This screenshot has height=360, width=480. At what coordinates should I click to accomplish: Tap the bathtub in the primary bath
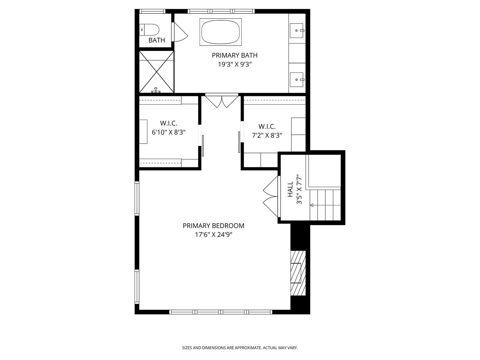(220, 32)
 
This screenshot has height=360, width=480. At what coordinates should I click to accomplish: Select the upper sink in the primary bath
(297, 30)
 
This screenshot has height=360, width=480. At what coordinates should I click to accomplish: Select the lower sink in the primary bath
(297, 80)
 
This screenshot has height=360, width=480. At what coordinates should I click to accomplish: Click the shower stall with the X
(156, 71)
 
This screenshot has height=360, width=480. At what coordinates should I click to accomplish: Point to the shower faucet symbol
(156, 90)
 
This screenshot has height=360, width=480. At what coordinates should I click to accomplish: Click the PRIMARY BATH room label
(234, 55)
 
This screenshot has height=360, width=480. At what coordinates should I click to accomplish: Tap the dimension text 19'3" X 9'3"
(234, 65)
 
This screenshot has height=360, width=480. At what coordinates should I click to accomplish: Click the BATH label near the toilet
(157, 40)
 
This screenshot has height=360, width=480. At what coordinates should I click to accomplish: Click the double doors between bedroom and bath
(222, 101)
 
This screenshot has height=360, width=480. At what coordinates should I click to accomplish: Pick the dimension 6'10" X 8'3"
(168, 132)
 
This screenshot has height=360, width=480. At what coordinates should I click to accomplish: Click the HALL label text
(290, 189)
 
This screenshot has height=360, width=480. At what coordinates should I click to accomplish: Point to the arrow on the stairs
(312, 205)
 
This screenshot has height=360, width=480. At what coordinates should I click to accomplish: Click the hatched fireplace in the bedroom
(298, 273)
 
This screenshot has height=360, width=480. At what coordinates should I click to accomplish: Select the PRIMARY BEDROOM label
(213, 226)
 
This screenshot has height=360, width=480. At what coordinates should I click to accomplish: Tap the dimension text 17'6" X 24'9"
(213, 235)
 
